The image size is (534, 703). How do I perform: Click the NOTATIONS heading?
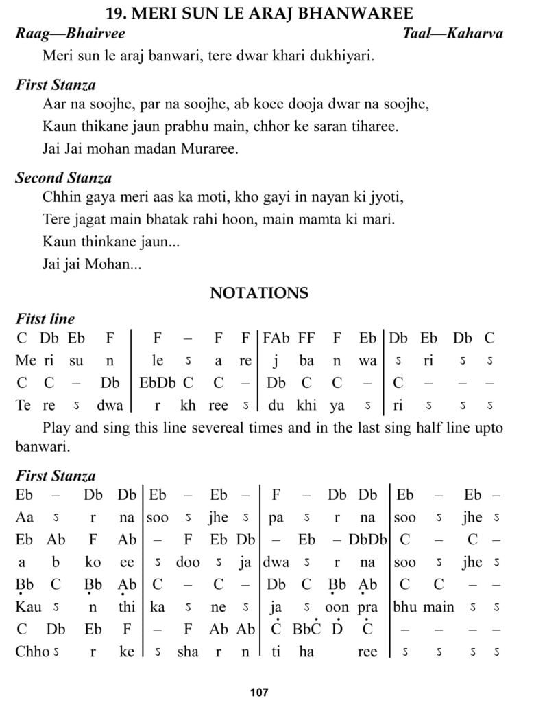pos(259,293)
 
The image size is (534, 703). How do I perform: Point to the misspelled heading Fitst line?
pos(45,319)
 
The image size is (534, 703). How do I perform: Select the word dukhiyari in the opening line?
pos(343,55)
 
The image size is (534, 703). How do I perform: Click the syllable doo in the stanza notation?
pos(188,562)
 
